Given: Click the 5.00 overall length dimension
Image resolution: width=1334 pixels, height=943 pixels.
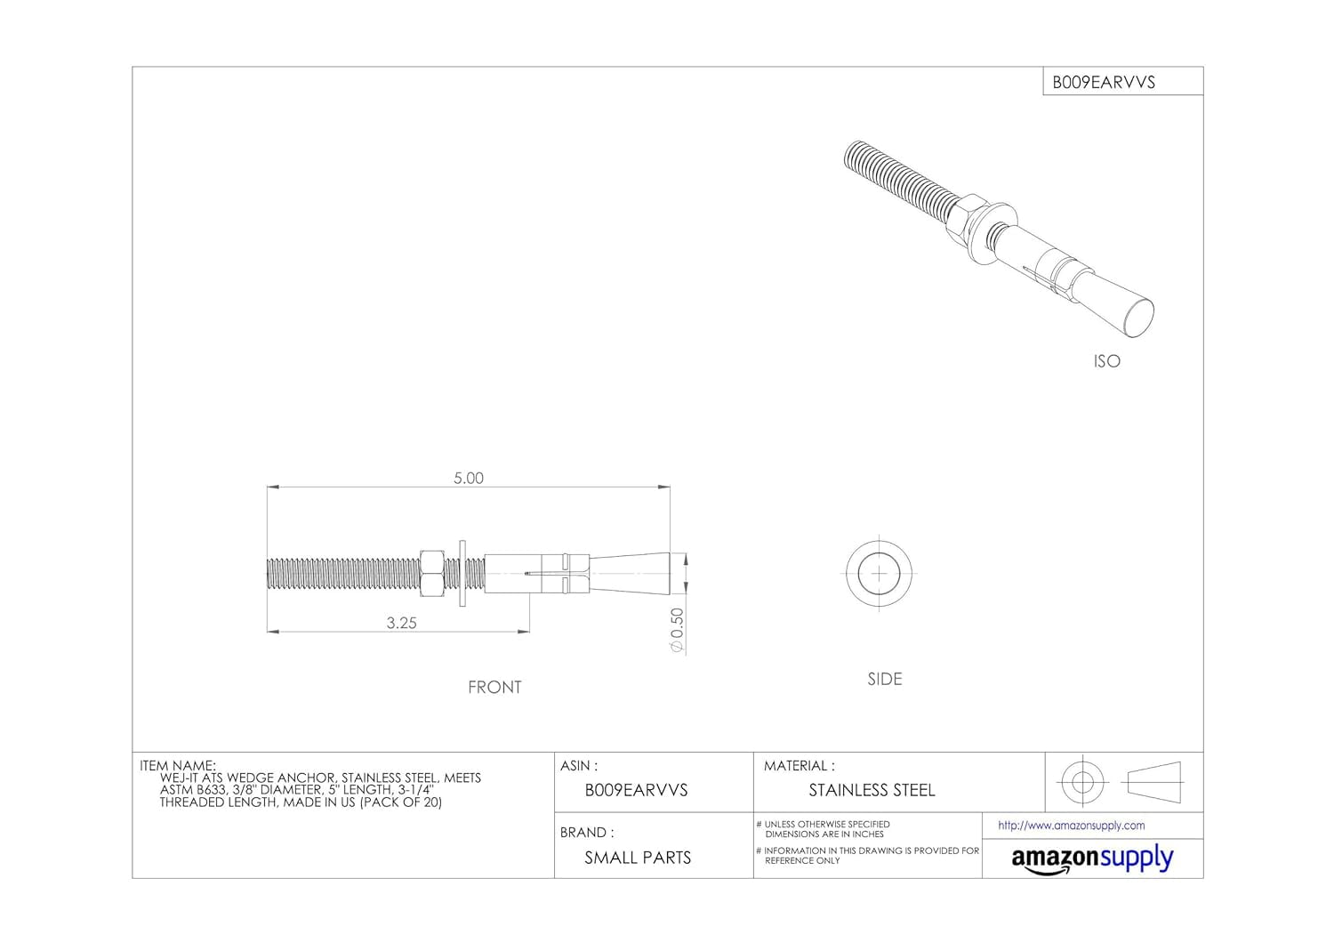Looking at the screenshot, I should pos(469,478).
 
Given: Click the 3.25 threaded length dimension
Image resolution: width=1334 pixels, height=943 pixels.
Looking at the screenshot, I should pos(401,623).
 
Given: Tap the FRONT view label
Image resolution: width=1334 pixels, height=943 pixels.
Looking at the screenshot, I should pos(494,687).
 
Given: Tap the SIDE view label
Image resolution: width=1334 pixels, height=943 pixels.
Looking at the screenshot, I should pos(885,679).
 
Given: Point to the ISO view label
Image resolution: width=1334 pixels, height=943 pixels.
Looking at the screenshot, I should pos(1106,361).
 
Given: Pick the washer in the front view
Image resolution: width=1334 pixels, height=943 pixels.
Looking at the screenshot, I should pos(462,574).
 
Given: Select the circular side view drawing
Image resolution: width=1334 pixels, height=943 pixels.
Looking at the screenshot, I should pos(879,574).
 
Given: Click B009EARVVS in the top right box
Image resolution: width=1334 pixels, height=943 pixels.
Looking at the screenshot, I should pos(1104,82).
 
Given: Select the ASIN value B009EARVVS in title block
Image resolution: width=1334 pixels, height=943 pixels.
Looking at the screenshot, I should pos(636,790).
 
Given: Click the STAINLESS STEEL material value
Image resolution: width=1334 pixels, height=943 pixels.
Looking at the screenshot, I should pos(872,790).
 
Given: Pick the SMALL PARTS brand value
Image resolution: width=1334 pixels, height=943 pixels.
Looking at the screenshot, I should pos(638,858).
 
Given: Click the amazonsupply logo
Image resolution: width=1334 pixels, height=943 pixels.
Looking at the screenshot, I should pos(1092,859).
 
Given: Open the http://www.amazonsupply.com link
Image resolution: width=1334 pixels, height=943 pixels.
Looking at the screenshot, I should pos(1071,826).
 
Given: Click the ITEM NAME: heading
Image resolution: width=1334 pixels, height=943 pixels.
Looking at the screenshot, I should pos(178,765).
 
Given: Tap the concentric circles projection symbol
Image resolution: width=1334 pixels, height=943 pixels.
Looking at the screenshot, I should pos(1081,782).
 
